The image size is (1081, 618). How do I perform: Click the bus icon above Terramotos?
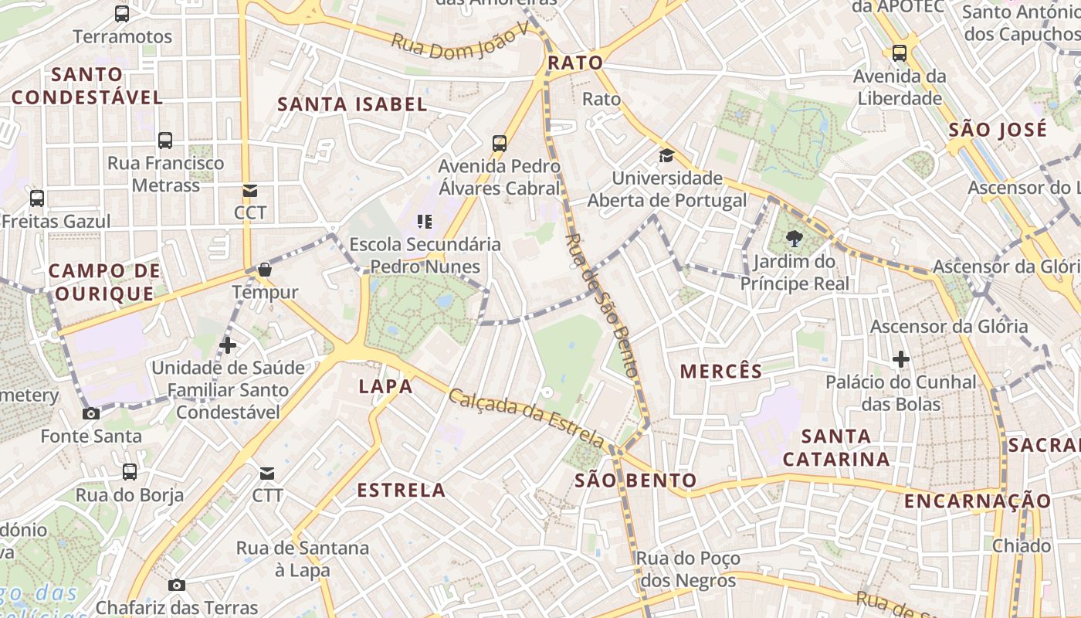tap(122, 13)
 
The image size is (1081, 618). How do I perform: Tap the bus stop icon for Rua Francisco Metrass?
tap(165, 140)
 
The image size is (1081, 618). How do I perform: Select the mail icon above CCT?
tap(249, 191)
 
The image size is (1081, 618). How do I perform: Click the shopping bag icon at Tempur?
tap(265, 270)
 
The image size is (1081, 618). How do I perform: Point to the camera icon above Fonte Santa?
tap(91, 413)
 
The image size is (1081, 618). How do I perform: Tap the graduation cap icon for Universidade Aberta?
tap(666, 156)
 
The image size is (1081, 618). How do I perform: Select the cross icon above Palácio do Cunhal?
tap(900, 359)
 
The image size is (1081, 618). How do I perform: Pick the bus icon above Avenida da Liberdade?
tap(900, 53)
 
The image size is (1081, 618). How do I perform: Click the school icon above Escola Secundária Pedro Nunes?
tap(424, 222)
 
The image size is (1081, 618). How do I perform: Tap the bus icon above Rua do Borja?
tap(130, 471)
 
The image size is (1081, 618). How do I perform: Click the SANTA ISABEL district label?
tap(352, 104)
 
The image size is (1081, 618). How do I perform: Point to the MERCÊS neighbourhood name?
tap(721, 372)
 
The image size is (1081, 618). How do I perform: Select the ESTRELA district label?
tap(402, 490)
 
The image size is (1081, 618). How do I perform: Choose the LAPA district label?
tap(386, 386)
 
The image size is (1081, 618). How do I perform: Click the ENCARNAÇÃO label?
tap(978, 501)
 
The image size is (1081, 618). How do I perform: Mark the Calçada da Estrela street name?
tap(527, 418)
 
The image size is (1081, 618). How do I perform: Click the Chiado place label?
tap(1022, 546)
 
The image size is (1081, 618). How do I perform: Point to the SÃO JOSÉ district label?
tap(998, 129)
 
